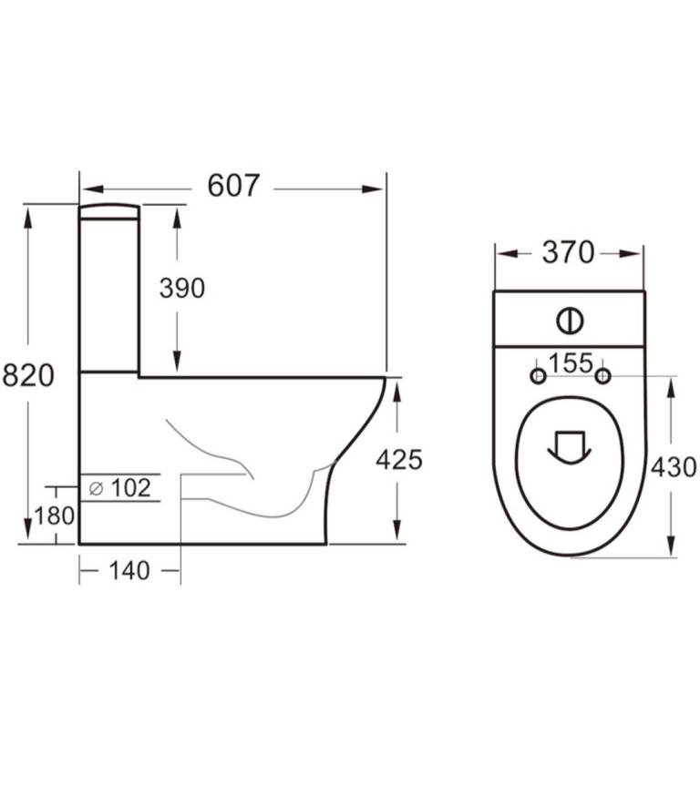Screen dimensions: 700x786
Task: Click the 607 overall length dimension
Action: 234,186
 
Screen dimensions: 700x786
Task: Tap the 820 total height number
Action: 27,375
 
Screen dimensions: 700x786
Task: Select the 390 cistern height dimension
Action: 181,288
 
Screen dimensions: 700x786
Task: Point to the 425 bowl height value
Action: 399,460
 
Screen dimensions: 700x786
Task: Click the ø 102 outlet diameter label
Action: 120,488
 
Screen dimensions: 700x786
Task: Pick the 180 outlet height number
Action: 54,515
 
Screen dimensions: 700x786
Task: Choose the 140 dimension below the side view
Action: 129,570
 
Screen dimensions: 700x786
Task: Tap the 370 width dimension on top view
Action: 568,252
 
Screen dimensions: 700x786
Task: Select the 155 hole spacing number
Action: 571,362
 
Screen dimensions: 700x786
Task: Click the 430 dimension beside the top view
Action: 674,467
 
